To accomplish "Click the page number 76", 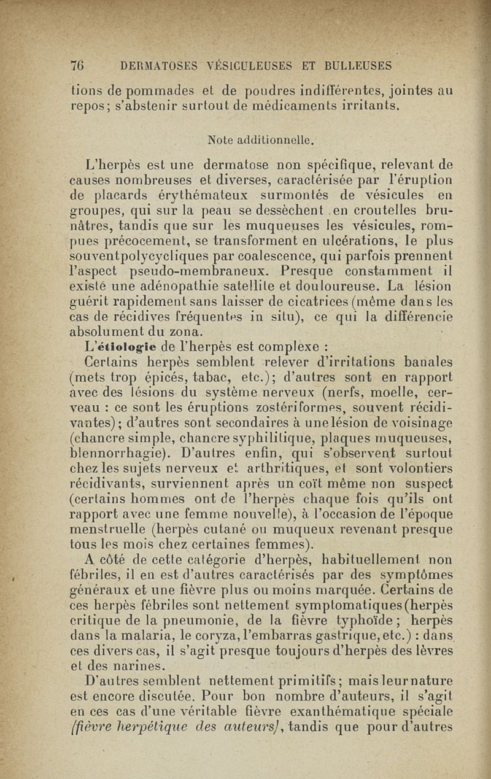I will coord(77,64).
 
